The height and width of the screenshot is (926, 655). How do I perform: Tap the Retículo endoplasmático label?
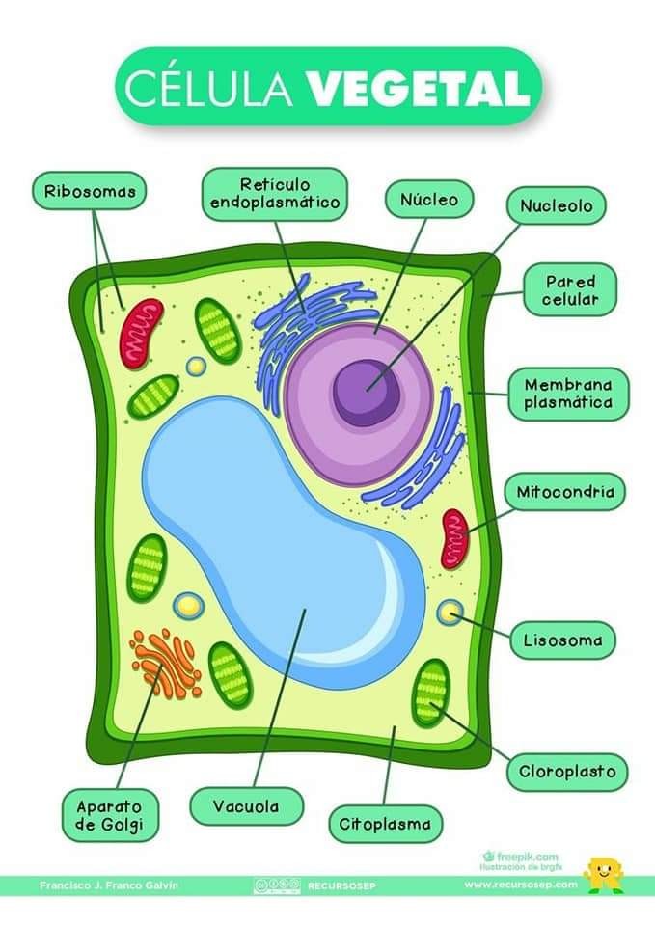pyautogui.click(x=275, y=193)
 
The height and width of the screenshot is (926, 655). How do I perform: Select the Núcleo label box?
pyautogui.click(x=430, y=200)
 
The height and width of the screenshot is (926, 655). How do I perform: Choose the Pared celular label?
pyautogui.click(x=570, y=290)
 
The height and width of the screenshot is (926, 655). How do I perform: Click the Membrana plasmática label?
pyautogui.click(x=568, y=394)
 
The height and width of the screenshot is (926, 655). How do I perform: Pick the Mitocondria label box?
pyautogui.click(x=565, y=492)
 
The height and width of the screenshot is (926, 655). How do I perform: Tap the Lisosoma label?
pyautogui.click(x=562, y=640)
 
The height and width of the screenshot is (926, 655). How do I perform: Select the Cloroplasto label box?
pyautogui.click(x=568, y=772)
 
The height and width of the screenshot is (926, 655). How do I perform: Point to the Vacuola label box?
pyautogui.click(x=246, y=805)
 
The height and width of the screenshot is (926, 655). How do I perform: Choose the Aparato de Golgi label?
pyautogui.click(x=108, y=814)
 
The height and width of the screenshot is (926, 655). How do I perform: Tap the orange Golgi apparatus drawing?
pyautogui.click(x=167, y=661)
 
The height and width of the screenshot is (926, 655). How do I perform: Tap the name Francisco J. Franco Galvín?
pyautogui.click(x=109, y=885)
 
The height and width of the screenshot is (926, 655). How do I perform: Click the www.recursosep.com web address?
pyautogui.click(x=521, y=885)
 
